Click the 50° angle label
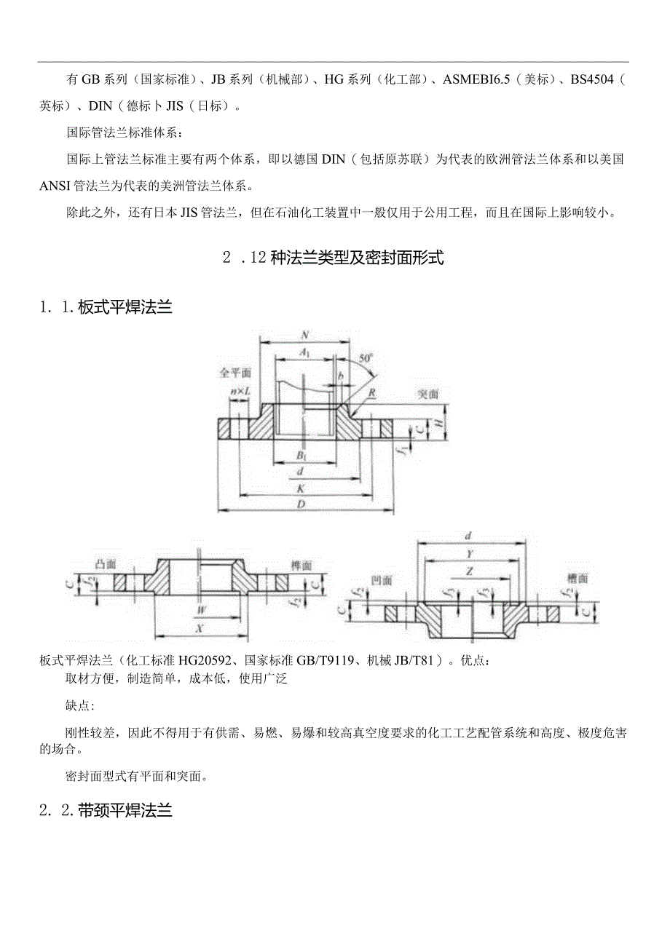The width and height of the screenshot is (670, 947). (366, 358)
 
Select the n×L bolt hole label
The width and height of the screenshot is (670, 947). (240, 392)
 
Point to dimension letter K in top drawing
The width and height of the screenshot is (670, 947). (300, 489)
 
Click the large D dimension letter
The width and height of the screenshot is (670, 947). (300, 504)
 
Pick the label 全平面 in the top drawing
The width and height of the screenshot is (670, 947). (235, 372)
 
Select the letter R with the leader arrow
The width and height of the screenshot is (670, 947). (372, 391)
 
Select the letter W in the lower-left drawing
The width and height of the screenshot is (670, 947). (200, 610)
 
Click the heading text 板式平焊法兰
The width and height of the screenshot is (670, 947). (125, 308)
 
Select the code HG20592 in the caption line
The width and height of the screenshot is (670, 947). (198, 661)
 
